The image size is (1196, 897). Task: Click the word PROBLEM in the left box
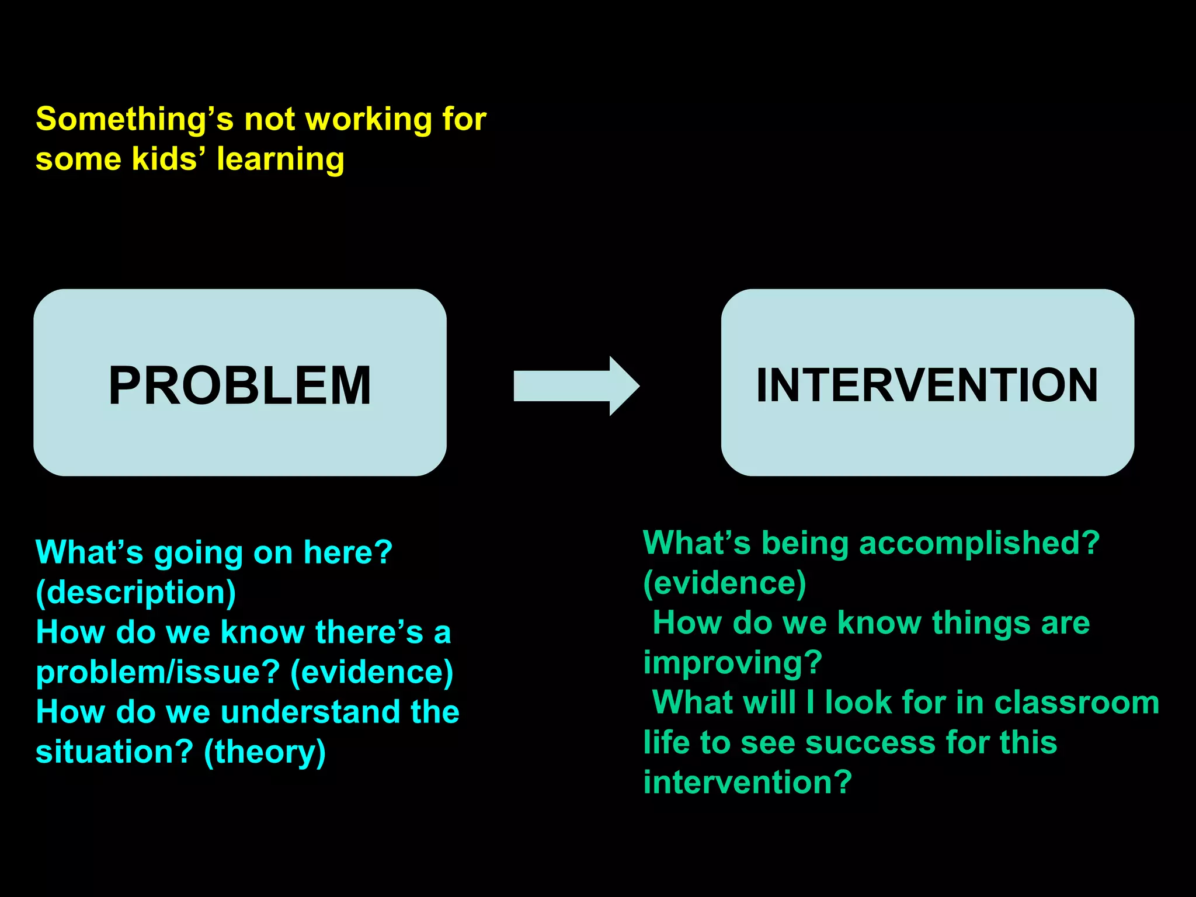tap(240, 385)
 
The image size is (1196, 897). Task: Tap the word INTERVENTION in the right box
tap(927, 385)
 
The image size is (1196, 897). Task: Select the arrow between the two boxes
tap(575, 385)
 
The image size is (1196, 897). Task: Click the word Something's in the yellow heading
tap(134, 119)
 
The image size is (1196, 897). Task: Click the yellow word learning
tap(280, 160)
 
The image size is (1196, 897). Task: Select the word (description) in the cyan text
tap(135, 592)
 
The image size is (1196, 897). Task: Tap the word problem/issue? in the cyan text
tap(158, 672)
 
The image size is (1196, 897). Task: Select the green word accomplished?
tap(979, 543)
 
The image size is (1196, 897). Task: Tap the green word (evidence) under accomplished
tap(724, 583)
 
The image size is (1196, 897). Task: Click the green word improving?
tap(732, 663)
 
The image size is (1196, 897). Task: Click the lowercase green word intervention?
tap(747, 782)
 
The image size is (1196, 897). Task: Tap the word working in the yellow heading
tap(368, 120)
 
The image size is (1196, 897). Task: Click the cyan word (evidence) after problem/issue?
tap(372, 672)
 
